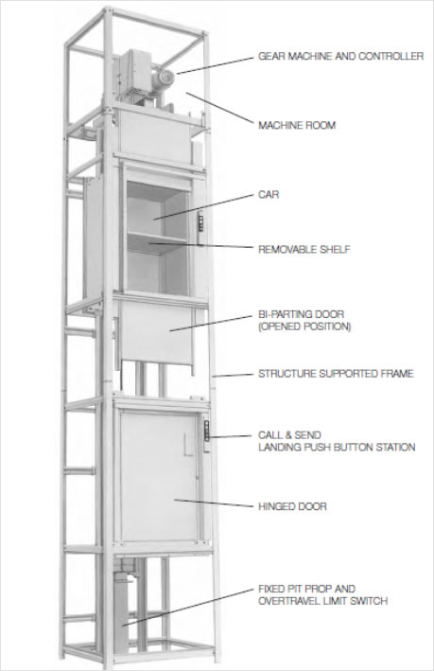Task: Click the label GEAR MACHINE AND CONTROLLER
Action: pos(340,56)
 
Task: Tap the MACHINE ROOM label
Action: pos(297,125)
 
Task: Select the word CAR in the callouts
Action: pos(269,195)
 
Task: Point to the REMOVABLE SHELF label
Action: pos(304,249)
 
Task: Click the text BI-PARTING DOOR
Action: pos(301,314)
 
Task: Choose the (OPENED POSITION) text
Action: pos(304,327)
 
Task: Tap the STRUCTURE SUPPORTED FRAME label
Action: pos(336,374)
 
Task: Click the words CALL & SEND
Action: pos(289,435)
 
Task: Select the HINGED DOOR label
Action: pos(292,506)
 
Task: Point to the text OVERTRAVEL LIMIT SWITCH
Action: pos(322,601)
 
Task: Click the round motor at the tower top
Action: pos(164,78)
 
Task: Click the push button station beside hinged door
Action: pos(207,435)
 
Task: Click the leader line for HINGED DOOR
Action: pos(214,503)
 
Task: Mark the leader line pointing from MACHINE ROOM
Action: pos(219,108)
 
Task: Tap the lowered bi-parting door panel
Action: pos(156,331)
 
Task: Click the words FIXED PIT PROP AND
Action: pos(306,589)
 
